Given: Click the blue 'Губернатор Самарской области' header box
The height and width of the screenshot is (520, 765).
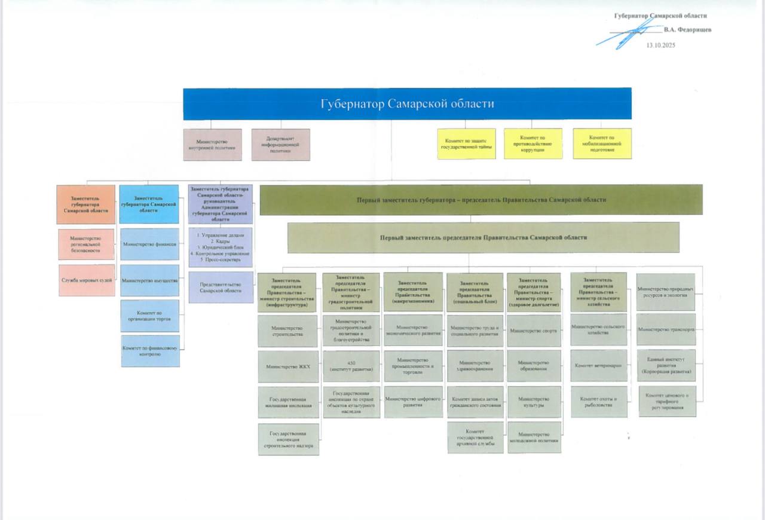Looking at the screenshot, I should [x=407, y=103].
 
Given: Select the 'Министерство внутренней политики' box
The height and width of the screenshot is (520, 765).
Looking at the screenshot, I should [x=212, y=144].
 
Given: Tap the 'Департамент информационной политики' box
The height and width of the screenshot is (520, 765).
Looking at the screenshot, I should [x=280, y=144].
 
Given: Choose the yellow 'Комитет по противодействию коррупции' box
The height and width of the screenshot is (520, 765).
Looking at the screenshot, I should [x=533, y=143].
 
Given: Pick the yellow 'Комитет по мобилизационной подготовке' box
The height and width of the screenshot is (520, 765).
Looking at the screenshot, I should [x=602, y=143].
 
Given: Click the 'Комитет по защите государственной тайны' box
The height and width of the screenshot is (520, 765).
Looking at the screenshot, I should [x=467, y=143].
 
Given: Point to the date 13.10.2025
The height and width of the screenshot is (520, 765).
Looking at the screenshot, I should [x=660, y=45].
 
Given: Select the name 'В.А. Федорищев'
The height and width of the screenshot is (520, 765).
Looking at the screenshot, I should [x=687, y=29].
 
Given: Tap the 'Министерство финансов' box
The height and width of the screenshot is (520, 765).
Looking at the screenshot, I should [x=149, y=244].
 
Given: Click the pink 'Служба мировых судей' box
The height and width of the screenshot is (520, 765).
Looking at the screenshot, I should [x=87, y=280].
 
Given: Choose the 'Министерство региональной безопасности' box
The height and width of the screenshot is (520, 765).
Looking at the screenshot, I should [x=87, y=244].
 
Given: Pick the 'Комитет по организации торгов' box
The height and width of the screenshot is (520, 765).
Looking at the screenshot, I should [x=149, y=316].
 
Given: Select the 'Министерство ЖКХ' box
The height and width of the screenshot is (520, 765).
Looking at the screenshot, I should [x=288, y=366].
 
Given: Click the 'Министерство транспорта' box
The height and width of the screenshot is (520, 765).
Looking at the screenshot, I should [x=666, y=330].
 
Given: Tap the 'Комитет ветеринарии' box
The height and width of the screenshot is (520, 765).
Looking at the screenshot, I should [x=598, y=365].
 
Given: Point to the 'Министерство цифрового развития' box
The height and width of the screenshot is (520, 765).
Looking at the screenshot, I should [x=413, y=402].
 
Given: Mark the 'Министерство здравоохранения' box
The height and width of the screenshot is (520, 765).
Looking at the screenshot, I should [x=475, y=366].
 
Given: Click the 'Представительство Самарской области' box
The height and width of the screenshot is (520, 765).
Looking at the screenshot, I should [x=221, y=287].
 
